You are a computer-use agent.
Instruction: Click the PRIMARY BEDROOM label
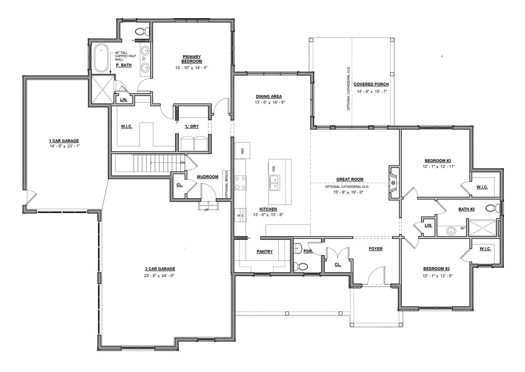(x=192, y=59)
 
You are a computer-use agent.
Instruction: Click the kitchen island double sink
(x=274, y=182)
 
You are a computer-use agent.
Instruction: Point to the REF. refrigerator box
(x=242, y=151)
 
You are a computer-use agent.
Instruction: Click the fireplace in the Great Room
(x=393, y=183)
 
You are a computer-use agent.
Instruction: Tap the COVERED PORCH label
(x=371, y=84)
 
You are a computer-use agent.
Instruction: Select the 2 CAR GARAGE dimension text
(x=159, y=276)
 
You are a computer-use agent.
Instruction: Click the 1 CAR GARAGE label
(x=64, y=141)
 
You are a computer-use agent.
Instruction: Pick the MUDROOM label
(x=207, y=177)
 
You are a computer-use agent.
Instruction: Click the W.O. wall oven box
(x=241, y=215)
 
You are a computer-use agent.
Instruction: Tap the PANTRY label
(x=265, y=252)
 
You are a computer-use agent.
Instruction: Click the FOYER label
(x=375, y=249)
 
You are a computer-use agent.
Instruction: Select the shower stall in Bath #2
(x=482, y=228)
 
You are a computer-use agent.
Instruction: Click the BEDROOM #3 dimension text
(x=437, y=167)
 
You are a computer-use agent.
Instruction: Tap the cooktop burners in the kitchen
(x=241, y=183)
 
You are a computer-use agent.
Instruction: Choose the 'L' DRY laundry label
(x=192, y=126)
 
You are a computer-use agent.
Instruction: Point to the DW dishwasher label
(x=273, y=169)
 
